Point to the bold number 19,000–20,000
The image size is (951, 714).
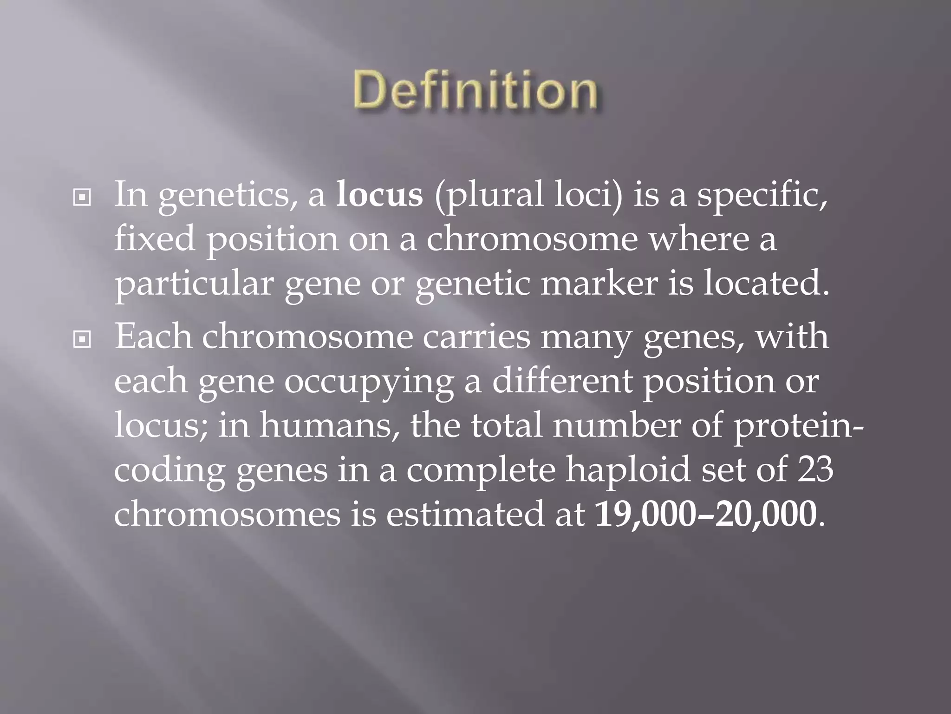click(705, 514)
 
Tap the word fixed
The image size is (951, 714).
click(154, 239)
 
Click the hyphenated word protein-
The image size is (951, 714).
click(798, 427)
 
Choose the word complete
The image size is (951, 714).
click(481, 470)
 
